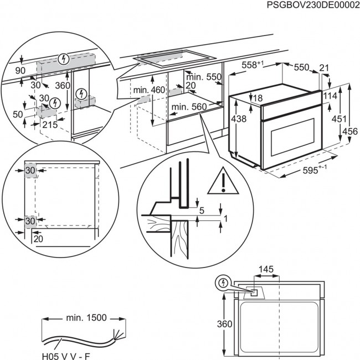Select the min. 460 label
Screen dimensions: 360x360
[149, 89]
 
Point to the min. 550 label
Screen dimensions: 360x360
[203, 76]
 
